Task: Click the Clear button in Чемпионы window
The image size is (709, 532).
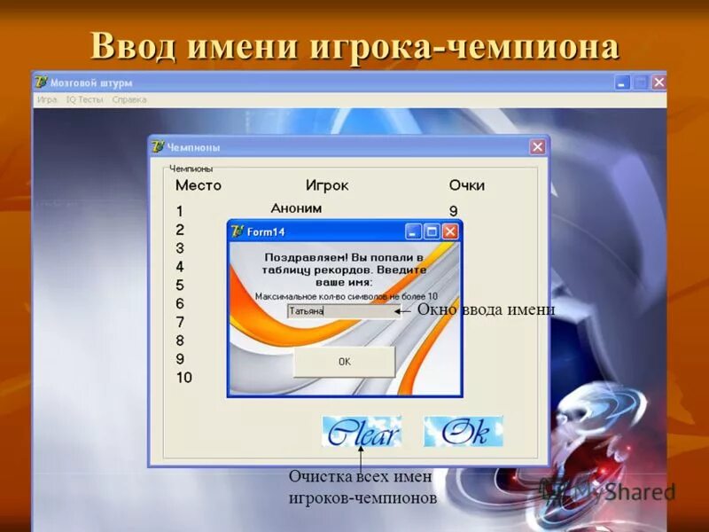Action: (x=362, y=432)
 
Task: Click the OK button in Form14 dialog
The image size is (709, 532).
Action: (x=344, y=362)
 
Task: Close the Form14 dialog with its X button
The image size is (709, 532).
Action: (x=450, y=231)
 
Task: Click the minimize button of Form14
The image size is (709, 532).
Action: (x=413, y=231)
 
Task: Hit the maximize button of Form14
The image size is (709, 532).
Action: (x=432, y=231)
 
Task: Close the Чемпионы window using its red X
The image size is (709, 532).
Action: (x=537, y=147)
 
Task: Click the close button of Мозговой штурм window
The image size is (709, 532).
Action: (x=658, y=82)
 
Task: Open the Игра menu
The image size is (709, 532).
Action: (x=47, y=99)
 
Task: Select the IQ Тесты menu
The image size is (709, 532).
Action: (x=84, y=99)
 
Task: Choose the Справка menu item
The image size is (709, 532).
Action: (x=129, y=99)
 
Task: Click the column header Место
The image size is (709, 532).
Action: (x=199, y=185)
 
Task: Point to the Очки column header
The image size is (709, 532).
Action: (x=466, y=185)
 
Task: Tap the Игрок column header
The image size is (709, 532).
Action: (x=327, y=185)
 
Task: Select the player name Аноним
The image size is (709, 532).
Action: (x=296, y=208)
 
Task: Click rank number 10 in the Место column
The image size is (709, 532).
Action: (x=183, y=378)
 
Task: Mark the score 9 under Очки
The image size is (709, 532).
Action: (x=453, y=211)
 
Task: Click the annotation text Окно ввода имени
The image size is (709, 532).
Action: (x=486, y=309)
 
